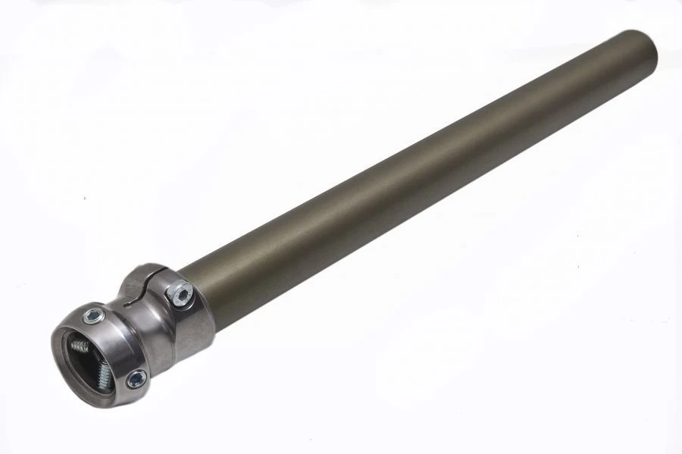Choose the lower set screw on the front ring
pos(136,378)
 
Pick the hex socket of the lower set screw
pos(136,378)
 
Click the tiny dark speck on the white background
pos(85,199)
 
